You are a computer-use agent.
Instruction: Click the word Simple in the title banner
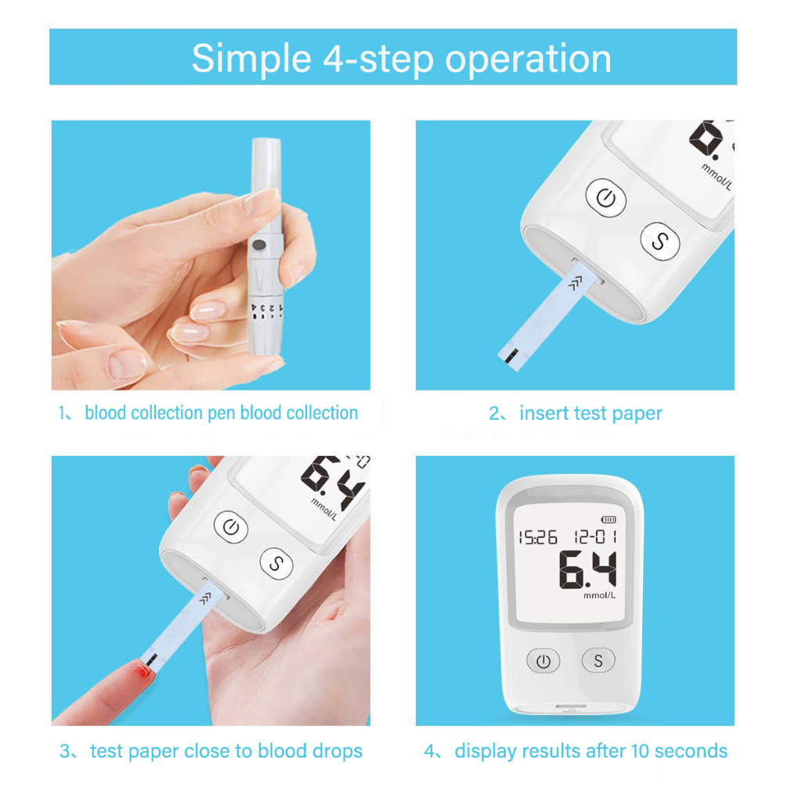[x=251, y=60]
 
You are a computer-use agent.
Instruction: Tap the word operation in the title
[x=529, y=60]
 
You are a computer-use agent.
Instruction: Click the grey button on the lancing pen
[x=259, y=245]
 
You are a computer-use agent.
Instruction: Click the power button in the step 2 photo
[x=606, y=198]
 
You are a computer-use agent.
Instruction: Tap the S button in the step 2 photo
[x=660, y=241]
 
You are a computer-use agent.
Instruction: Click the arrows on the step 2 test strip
[x=576, y=282]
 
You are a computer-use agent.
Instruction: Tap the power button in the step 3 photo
[x=231, y=527]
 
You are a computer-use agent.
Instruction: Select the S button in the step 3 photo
[x=276, y=564]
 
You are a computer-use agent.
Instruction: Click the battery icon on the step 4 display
[x=609, y=520]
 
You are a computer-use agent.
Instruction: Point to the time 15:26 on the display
[x=537, y=537]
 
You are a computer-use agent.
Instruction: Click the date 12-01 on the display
[x=595, y=536]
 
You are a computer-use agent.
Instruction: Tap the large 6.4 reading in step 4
[x=587, y=569]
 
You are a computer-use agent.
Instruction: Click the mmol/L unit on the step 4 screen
[x=599, y=595]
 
